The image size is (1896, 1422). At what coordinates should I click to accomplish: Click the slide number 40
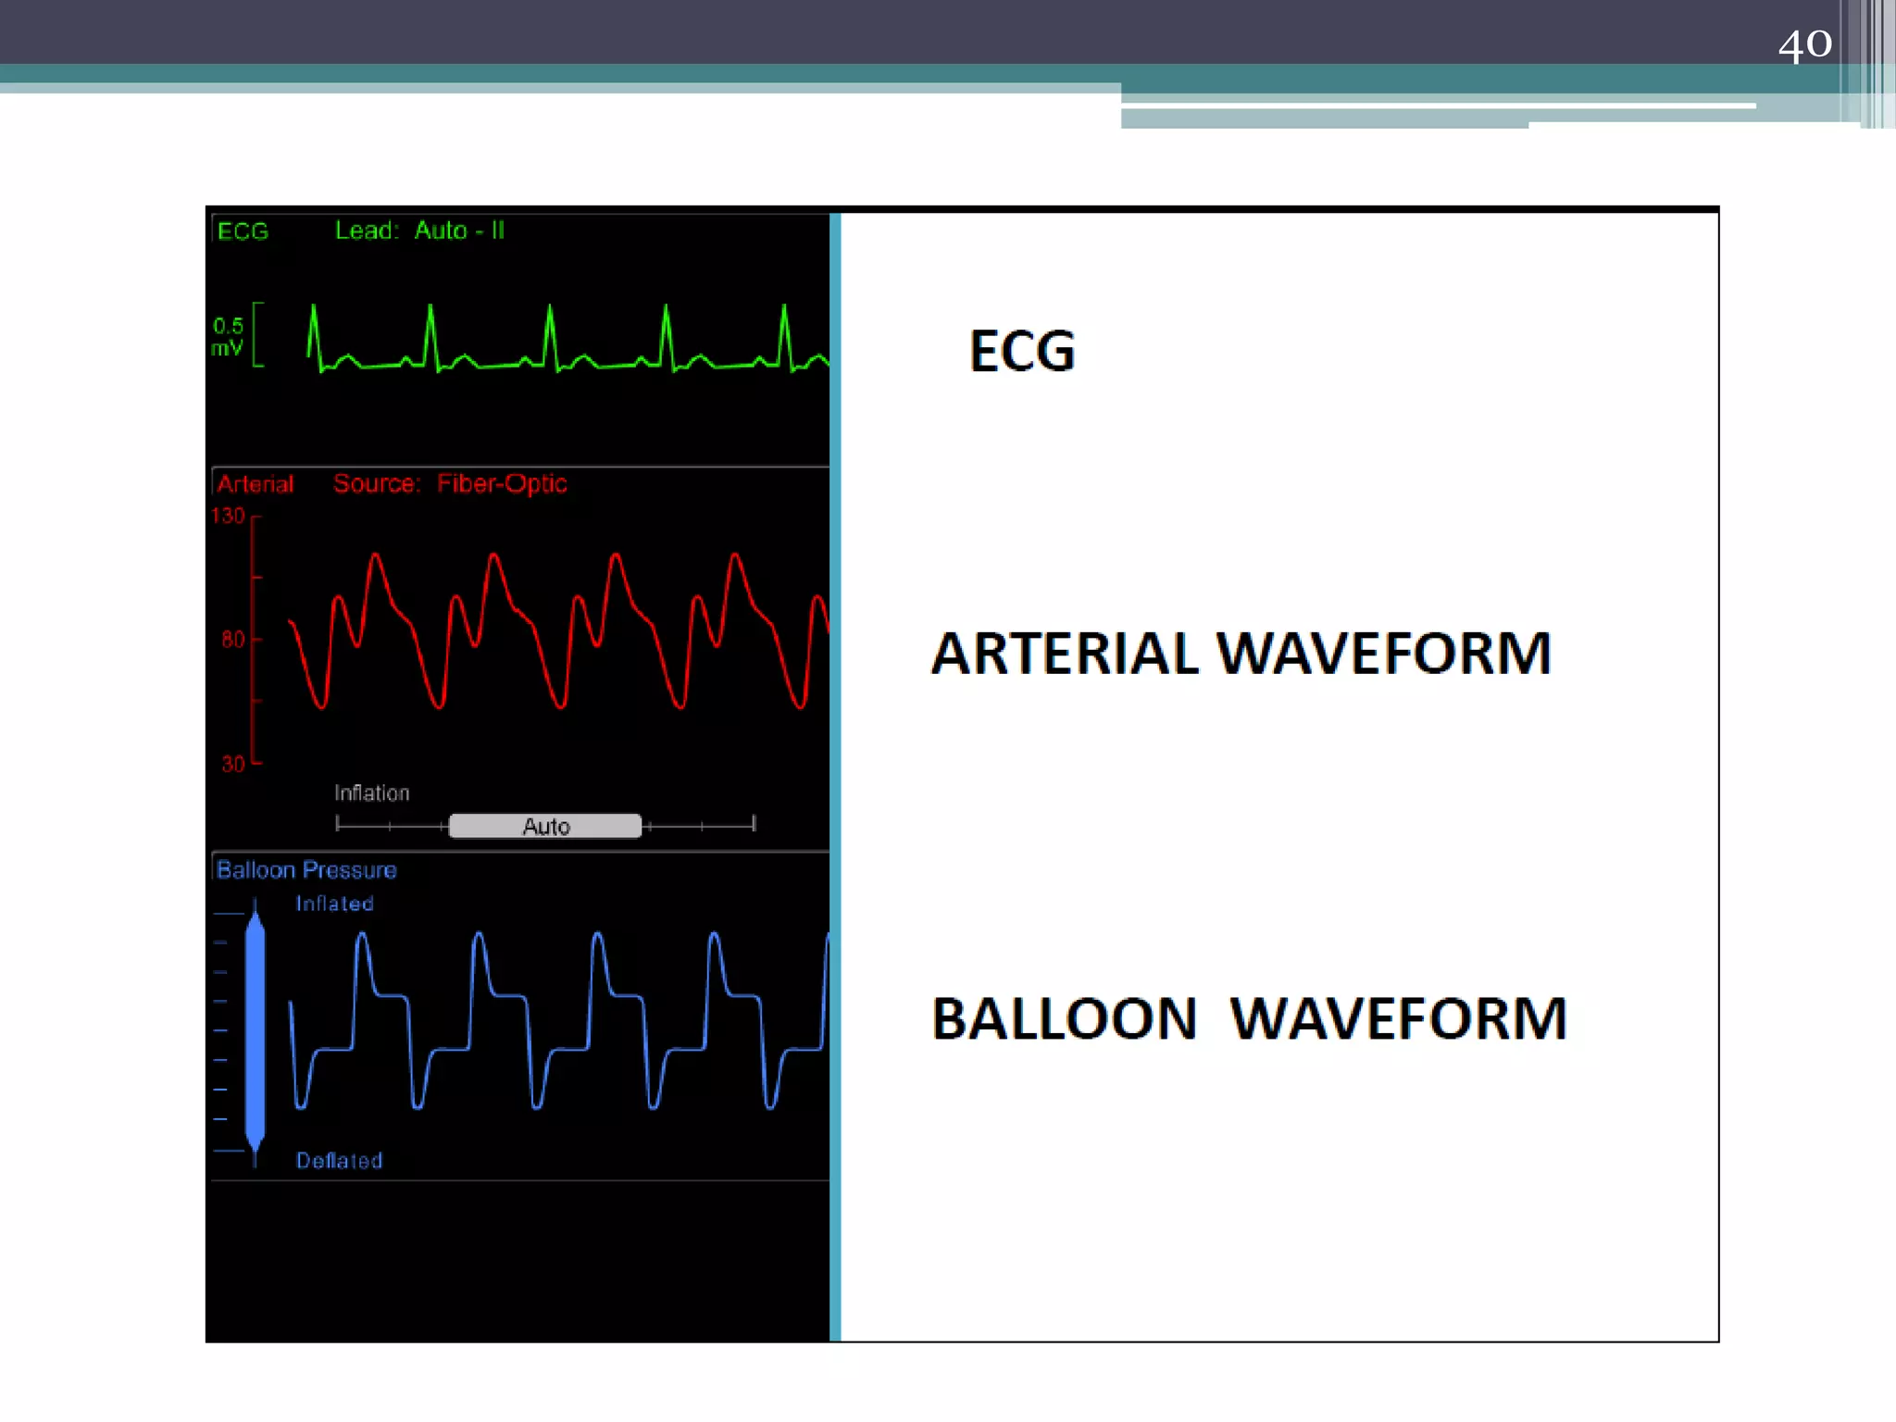pyautogui.click(x=1804, y=44)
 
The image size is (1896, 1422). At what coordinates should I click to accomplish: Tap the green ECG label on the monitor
pyautogui.click(x=243, y=231)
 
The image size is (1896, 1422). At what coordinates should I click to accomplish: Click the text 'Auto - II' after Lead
pyautogui.click(x=459, y=231)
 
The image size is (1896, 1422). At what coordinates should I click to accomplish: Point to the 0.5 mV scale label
pyautogui.click(x=228, y=337)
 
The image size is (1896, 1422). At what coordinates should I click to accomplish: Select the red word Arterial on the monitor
pyautogui.click(x=256, y=484)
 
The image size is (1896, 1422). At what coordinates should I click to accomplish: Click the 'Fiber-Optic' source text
pyautogui.click(x=501, y=483)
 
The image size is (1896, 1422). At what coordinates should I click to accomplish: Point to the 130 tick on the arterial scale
pyautogui.click(x=229, y=516)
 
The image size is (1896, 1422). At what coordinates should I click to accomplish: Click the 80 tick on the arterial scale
pyautogui.click(x=233, y=639)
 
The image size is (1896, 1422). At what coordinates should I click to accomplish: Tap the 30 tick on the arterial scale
pyautogui.click(x=233, y=764)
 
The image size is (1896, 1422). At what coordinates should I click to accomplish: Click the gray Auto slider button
pyautogui.click(x=545, y=826)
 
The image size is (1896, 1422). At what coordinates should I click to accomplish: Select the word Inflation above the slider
pyautogui.click(x=371, y=792)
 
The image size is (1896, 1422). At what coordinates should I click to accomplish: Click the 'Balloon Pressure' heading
pyautogui.click(x=306, y=870)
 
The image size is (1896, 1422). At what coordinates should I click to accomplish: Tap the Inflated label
pyautogui.click(x=334, y=904)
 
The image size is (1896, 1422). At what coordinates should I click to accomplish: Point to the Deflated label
pyautogui.click(x=339, y=1161)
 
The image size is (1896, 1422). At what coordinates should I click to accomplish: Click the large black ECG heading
pyautogui.click(x=1022, y=352)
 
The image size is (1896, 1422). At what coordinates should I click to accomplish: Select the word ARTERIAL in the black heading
pyautogui.click(x=1064, y=654)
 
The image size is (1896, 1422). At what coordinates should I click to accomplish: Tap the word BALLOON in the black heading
pyautogui.click(x=1064, y=1019)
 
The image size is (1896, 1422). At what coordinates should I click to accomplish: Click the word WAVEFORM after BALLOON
pyautogui.click(x=1398, y=1019)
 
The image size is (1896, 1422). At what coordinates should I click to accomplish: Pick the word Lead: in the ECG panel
pyautogui.click(x=367, y=231)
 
